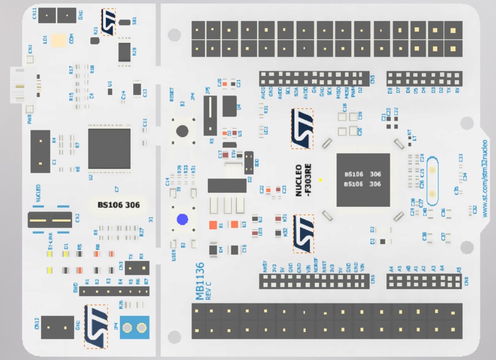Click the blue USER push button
182,220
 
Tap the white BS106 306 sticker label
119,205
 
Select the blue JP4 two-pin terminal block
134,328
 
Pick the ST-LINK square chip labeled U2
109,149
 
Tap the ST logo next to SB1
108,22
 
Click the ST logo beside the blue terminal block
96,326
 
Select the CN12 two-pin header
57,327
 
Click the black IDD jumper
249,162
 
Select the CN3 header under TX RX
138,267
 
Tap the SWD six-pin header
114,291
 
